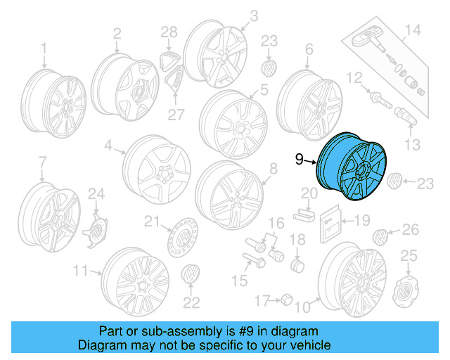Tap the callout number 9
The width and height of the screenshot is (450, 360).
tap(300, 160)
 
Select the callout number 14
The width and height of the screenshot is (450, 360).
tap(412, 30)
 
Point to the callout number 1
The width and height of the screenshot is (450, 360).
tap(43, 48)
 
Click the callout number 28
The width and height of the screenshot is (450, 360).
tap(168, 31)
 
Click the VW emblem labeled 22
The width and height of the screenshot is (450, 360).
tap(190, 275)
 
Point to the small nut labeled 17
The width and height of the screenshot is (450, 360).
tap(286, 301)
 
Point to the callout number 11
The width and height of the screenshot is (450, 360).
tap(81, 270)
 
